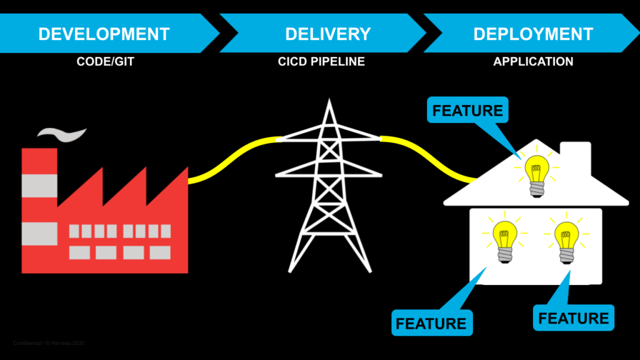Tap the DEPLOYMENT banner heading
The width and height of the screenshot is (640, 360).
[532, 34]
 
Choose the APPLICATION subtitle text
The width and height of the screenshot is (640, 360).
[532, 62]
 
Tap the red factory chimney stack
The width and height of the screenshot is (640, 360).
[39, 206]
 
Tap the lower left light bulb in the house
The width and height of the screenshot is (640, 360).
[504, 241]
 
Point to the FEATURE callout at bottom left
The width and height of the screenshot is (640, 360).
[431, 323]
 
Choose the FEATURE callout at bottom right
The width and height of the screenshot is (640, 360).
[573, 318]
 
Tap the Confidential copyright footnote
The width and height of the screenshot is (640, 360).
[49, 343]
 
